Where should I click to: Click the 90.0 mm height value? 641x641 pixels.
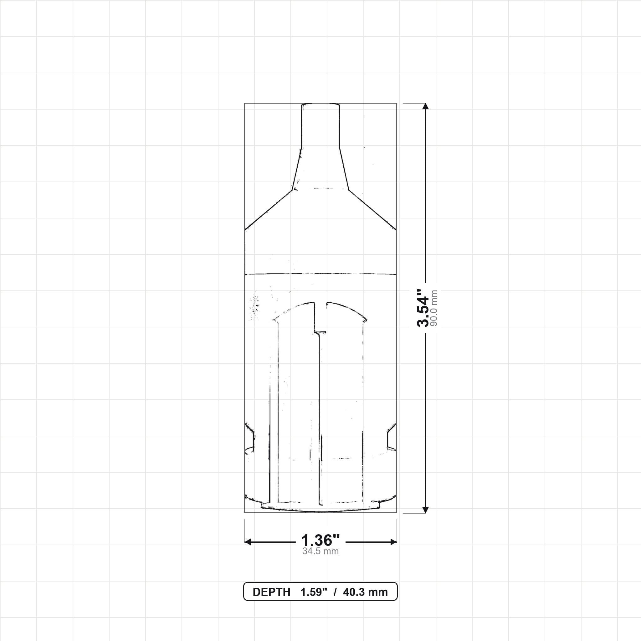[433, 308]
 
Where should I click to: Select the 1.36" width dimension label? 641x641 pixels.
[320, 541]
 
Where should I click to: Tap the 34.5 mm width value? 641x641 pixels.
[320, 551]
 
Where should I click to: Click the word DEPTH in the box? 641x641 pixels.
[271, 592]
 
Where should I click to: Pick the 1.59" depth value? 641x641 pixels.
[314, 592]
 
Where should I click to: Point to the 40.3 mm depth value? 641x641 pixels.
[365, 592]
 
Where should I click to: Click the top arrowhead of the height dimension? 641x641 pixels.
[426, 106]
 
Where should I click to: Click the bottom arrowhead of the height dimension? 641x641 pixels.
[426, 510]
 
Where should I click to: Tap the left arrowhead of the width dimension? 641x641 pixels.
[248, 542]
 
